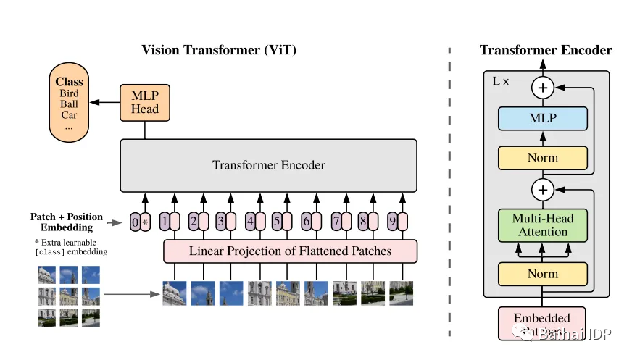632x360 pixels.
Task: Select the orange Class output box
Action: [x=69, y=103]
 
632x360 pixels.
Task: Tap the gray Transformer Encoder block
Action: [x=268, y=165]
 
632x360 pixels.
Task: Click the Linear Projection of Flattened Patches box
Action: [x=290, y=251]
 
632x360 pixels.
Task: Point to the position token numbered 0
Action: [x=135, y=220]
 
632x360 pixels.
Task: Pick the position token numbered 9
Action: [x=392, y=220]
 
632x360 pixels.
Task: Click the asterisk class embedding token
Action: [x=145, y=220]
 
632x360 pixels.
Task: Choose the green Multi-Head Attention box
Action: [x=543, y=225]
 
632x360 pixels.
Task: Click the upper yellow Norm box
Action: [x=543, y=157]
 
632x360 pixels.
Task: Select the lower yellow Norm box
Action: [x=543, y=273]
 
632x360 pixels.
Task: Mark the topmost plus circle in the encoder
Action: [x=543, y=88]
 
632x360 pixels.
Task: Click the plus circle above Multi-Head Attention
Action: [x=543, y=191]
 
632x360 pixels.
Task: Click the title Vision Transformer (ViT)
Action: [x=218, y=50]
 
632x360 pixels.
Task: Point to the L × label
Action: [x=501, y=81]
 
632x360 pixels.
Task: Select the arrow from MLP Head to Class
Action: [x=109, y=102]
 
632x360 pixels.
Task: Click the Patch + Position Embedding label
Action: [x=67, y=222]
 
